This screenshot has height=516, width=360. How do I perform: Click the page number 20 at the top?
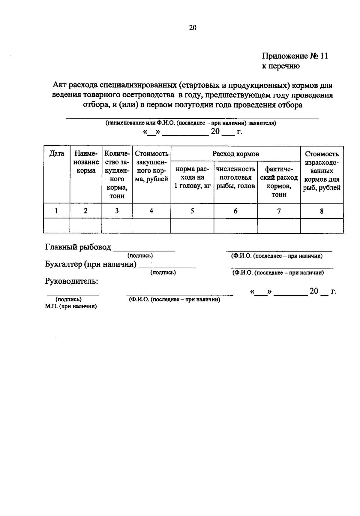tap(193, 28)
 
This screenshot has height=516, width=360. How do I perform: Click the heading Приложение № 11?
tap(295, 56)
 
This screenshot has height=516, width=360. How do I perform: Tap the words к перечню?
tap(281, 66)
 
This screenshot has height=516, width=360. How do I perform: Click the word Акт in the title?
tap(59, 85)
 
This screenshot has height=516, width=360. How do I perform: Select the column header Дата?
tap(57, 154)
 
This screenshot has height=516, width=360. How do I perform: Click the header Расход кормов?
tap(235, 154)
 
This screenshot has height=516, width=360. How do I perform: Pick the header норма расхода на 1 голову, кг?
tap(192, 177)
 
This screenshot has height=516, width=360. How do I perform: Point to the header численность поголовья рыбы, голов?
tap(235, 177)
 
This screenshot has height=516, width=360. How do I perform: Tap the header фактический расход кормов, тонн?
tap(279, 182)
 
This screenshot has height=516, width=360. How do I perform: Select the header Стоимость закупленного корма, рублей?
tap(151, 167)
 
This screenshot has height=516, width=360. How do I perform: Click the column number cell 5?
tap(192, 211)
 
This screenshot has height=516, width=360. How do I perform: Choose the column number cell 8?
tap(322, 211)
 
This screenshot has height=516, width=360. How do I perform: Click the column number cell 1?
tap(56, 211)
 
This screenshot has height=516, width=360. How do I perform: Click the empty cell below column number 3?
tap(117, 226)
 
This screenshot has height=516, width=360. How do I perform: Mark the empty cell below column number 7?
tap(279, 226)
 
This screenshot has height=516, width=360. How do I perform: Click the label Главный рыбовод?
tap(78, 247)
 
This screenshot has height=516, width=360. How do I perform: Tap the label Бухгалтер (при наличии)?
tap(91, 264)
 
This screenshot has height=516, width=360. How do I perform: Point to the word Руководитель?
tap(72, 281)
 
